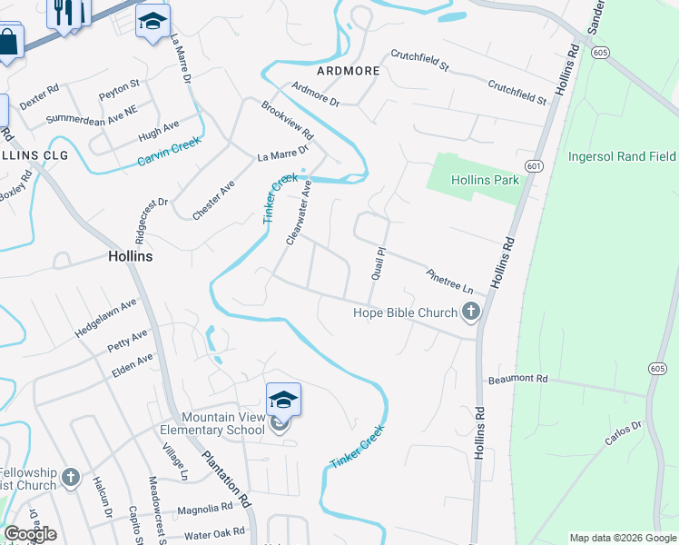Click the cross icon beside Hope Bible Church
tap(470, 313)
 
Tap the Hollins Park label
tap(486, 180)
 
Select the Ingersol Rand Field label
tap(622, 156)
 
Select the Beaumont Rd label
tap(517, 379)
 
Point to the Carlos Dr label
tap(624, 433)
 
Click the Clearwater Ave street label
tap(299, 213)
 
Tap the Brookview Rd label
tap(287, 120)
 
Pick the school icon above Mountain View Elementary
tap(283, 399)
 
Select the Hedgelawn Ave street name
tap(105, 318)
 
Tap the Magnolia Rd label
tap(204, 509)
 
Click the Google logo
tap(30, 534)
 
